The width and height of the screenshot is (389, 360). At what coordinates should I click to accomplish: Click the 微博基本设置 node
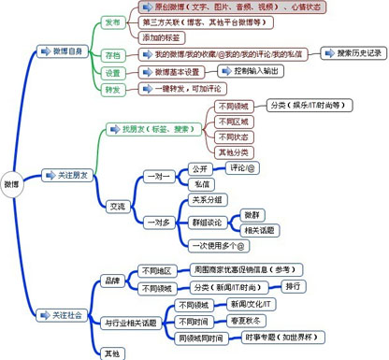pyautogui.click(x=172, y=72)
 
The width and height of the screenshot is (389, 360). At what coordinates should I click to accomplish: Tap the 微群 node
pyautogui.click(x=252, y=214)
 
